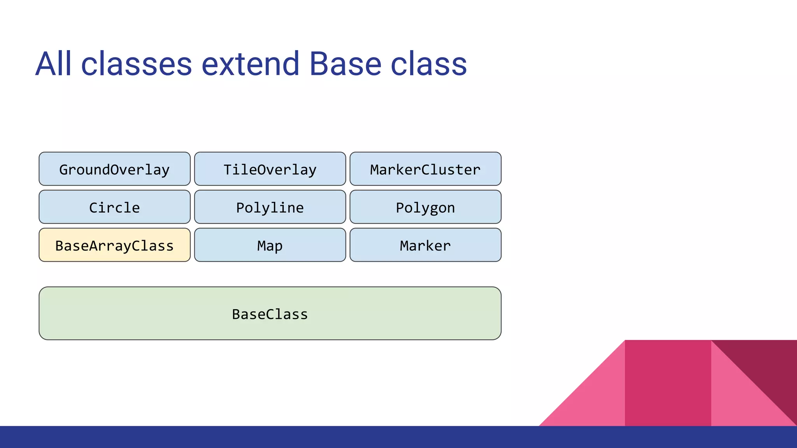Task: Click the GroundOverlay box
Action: click(x=114, y=169)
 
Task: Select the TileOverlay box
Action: click(x=270, y=169)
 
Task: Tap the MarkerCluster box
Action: click(x=425, y=169)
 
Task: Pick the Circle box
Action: click(x=114, y=207)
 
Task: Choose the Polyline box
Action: click(x=270, y=207)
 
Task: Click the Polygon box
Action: click(x=425, y=207)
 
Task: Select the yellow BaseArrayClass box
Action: click(x=114, y=245)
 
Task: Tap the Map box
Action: click(x=270, y=245)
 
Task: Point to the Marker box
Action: click(x=425, y=245)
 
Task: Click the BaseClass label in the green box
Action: click(x=270, y=314)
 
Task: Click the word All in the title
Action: click(x=53, y=64)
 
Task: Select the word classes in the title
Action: click(x=136, y=64)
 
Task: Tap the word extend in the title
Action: click(x=250, y=64)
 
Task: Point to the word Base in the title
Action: click(x=345, y=64)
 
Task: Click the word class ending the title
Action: click(x=428, y=64)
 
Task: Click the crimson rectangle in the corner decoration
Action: click(x=668, y=383)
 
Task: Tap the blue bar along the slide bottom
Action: click(x=398, y=437)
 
